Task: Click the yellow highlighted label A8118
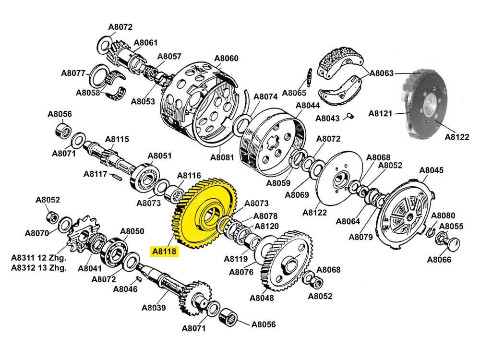(164, 251)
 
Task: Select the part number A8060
(226, 59)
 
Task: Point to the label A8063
(382, 73)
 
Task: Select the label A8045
(432, 170)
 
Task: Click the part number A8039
(154, 308)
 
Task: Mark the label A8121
(381, 114)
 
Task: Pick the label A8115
(117, 140)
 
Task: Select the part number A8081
(222, 157)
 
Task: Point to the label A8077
(73, 73)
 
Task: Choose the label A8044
(308, 105)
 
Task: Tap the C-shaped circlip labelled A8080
(430, 232)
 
